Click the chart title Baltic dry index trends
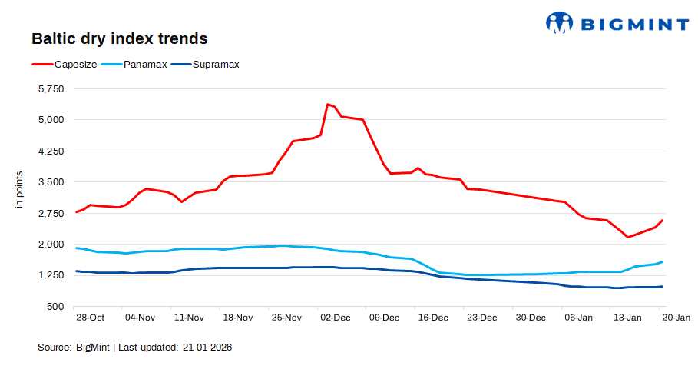pyautogui.click(x=119, y=38)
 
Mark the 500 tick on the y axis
pyautogui.click(x=57, y=306)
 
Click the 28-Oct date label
pyautogui.click(x=91, y=318)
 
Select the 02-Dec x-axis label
pyautogui.click(x=335, y=318)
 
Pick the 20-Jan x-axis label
pyautogui.click(x=676, y=318)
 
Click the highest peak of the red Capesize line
pyautogui.click(x=328, y=104)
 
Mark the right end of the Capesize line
pyautogui.click(x=663, y=221)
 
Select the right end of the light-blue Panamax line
pyautogui.click(x=663, y=262)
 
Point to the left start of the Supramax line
pyautogui.click(x=76, y=271)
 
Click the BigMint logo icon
pyautogui.click(x=559, y=22)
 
